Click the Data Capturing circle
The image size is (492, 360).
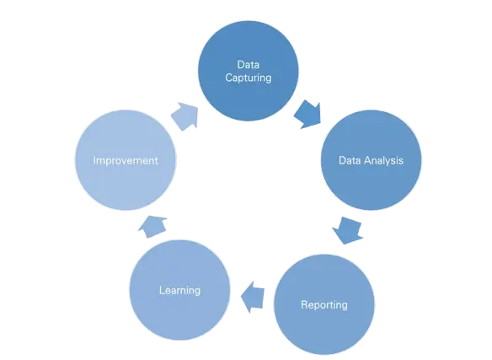(249, 71)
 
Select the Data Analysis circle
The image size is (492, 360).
(371, 160)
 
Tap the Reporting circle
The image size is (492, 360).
(324, 304)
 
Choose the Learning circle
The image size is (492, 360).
(179, 290)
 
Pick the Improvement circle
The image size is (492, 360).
(126, 160)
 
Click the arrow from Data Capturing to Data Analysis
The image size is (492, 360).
(308, 115)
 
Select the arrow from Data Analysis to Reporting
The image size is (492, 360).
(348, 230)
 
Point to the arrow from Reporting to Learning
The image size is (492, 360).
(253, 297)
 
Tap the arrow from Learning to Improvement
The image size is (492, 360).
(152, 226)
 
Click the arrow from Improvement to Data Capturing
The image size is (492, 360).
(185, 116)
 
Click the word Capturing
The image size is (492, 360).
(249, 78)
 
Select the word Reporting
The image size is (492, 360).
(324, 304)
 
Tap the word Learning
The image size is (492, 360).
(179, 290)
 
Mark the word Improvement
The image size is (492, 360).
(126, 160)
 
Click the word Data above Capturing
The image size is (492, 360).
(249, 65)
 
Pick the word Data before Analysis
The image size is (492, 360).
(350, 160)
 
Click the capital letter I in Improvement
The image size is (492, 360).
(94, 160)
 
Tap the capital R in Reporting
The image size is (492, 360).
(304, 304)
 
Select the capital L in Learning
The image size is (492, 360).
(162, 290)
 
